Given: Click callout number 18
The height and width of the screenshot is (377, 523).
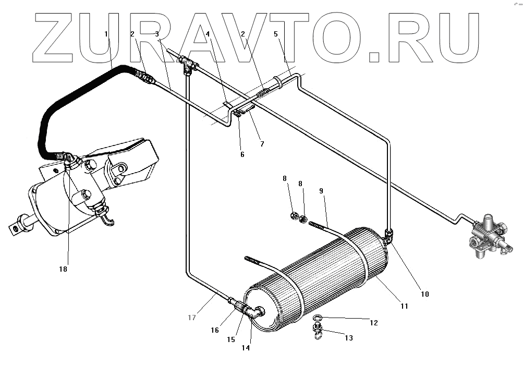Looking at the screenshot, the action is (x=64, y=269).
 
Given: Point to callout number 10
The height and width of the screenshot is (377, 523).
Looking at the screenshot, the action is (x=424, y=294).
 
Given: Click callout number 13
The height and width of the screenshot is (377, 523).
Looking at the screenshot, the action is (x=348, y=338).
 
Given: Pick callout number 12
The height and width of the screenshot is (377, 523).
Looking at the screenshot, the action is (x=373, y=323).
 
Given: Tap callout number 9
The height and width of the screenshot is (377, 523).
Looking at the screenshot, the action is (x=322, y=191).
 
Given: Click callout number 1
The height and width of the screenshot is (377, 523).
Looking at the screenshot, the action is (x=106, y=34).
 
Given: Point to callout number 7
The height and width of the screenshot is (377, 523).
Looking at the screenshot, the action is (x=262, y=143).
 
